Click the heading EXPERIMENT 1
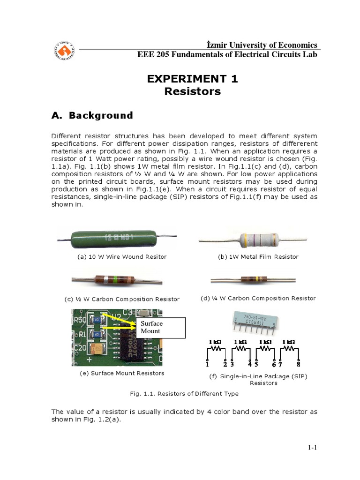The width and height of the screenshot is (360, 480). click(193, 79)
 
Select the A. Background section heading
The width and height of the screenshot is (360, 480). click(92, 115)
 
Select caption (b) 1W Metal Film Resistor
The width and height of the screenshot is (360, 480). click(258, 257)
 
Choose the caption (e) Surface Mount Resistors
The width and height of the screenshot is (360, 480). click(122, 373)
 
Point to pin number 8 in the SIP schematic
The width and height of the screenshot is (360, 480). click(298, 364)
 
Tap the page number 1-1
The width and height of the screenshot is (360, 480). click(313, 448)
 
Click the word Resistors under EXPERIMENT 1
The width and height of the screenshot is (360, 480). click(193, 92)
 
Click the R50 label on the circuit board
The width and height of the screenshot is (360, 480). click(78, 320)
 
